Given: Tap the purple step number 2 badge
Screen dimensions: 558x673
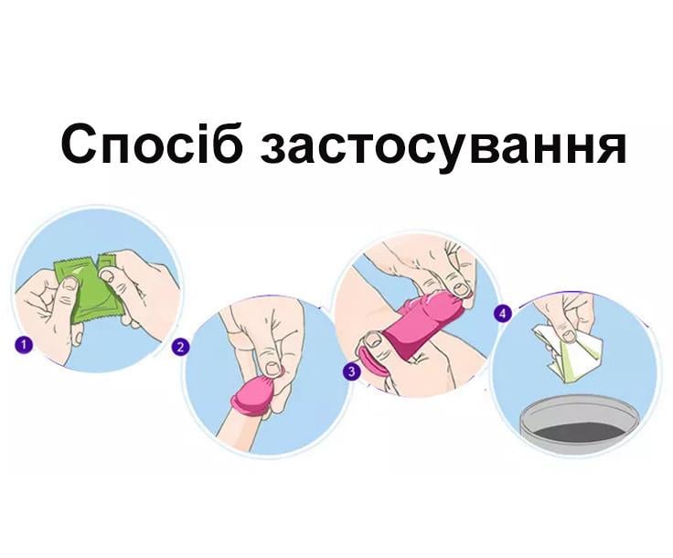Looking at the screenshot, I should (x=181, y=346).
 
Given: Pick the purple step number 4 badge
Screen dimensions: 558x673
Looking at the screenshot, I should (x=501, y=313).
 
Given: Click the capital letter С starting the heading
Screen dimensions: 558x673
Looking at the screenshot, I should (x=80, y=144).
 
